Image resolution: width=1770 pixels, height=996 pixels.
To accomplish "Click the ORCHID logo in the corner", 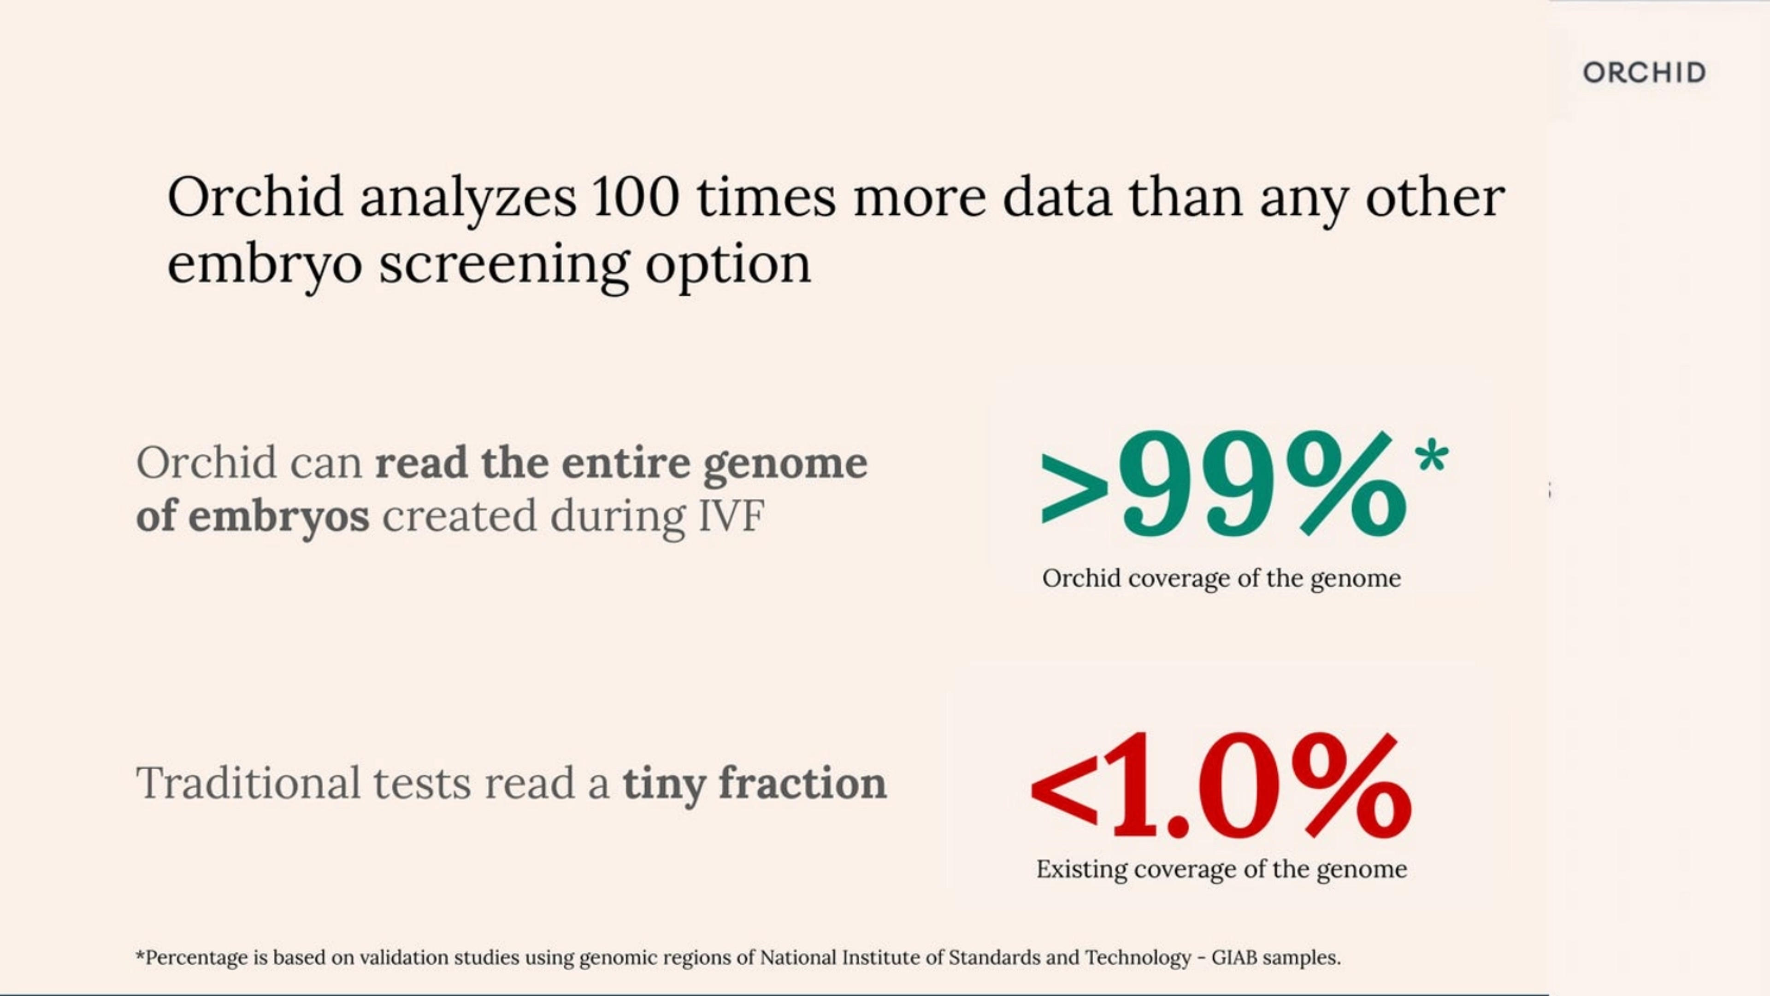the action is [1644, 72].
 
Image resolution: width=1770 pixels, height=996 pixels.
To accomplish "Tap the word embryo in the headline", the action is [265, 265].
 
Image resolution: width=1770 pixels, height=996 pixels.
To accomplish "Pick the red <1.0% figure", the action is [1221, 786].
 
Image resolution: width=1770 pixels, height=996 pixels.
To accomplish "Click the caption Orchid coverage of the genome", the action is [1221, 578].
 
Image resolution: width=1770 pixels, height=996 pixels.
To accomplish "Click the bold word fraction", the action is [802, 783].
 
